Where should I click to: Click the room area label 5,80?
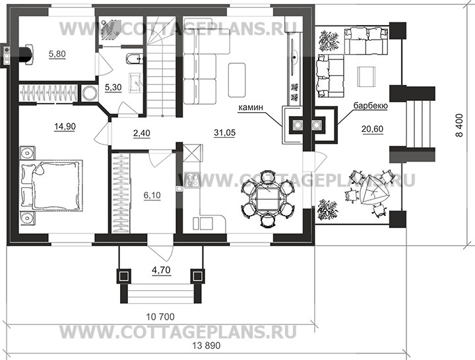point(57,54)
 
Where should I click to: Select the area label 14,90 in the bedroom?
point(65,127)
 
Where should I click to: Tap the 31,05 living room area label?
point(224,133)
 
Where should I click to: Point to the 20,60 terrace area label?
point(372,129)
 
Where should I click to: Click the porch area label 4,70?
point(161,270)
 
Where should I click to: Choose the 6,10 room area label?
point(152,196)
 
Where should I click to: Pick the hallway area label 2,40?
point(141,133)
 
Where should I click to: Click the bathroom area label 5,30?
point(113,88)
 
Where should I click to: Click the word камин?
point(251,107)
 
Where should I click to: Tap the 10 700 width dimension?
point(160,317)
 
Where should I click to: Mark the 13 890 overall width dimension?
point(206,345)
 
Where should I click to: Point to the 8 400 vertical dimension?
point(460,125)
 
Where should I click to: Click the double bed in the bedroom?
point(51,185)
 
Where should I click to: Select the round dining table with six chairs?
point(267,198)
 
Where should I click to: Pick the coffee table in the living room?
point(237,80)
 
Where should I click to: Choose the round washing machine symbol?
point(89,93)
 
